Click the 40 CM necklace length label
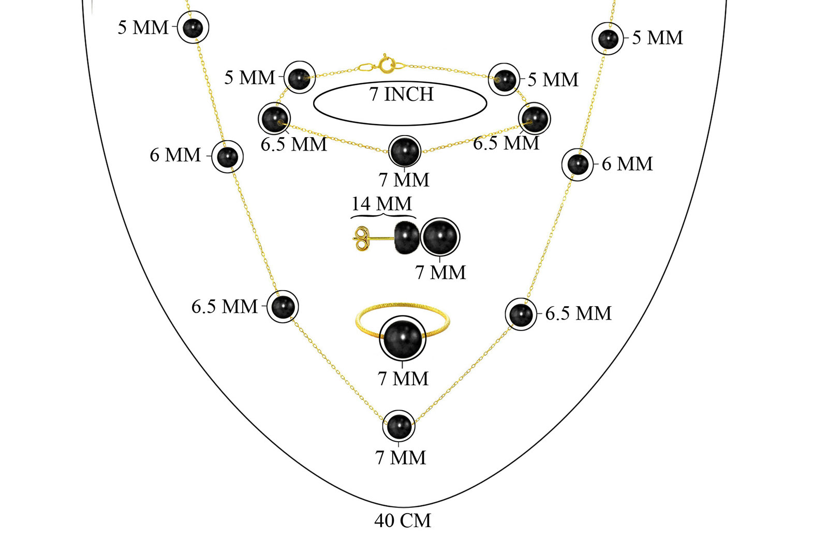click(x=403, y=520)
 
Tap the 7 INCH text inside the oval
click(x=402, y=95)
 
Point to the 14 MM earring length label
click(x=381, y=204)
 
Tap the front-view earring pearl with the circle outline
click(x=440, y=237)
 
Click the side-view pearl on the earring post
click(x=407, y=238)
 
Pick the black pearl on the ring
click(x=402, y=339)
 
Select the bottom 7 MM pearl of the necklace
click(x=398, y=426)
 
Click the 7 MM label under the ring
click(x=403, y=379)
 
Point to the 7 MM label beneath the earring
click(x=440, y=272)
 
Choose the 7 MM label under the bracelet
click(x=404, y=180)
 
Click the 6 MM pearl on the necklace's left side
click(x=227, y=156)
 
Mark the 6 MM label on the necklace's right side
click(x=627, y=164)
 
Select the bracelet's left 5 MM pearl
click(x=299, y=78)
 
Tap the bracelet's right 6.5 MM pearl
click(x=534, y=118)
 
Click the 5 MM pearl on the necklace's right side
click(x=608, y=39)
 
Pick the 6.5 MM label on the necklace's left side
click(x=225, y=307)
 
